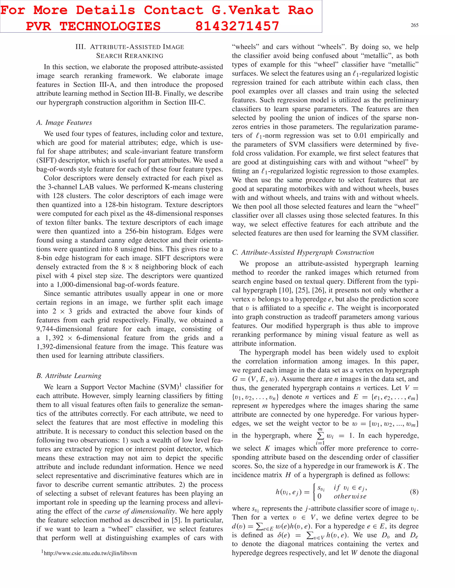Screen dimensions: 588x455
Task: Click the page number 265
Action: coord(414,25)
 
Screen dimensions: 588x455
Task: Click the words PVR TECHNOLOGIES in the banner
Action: coord(93,26)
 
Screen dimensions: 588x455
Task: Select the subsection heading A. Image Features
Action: coord(64,122)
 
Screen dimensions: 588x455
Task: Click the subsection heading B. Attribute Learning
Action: coord(69,376)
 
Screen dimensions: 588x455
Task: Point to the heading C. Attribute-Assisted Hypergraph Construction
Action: coord(303,252)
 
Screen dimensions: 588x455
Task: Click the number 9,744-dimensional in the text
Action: coord(64,329)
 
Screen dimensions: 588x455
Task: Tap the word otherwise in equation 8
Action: coord(350,496)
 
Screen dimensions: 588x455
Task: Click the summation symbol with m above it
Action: coord(320,435)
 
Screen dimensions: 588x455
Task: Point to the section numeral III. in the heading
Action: coord(80,47)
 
